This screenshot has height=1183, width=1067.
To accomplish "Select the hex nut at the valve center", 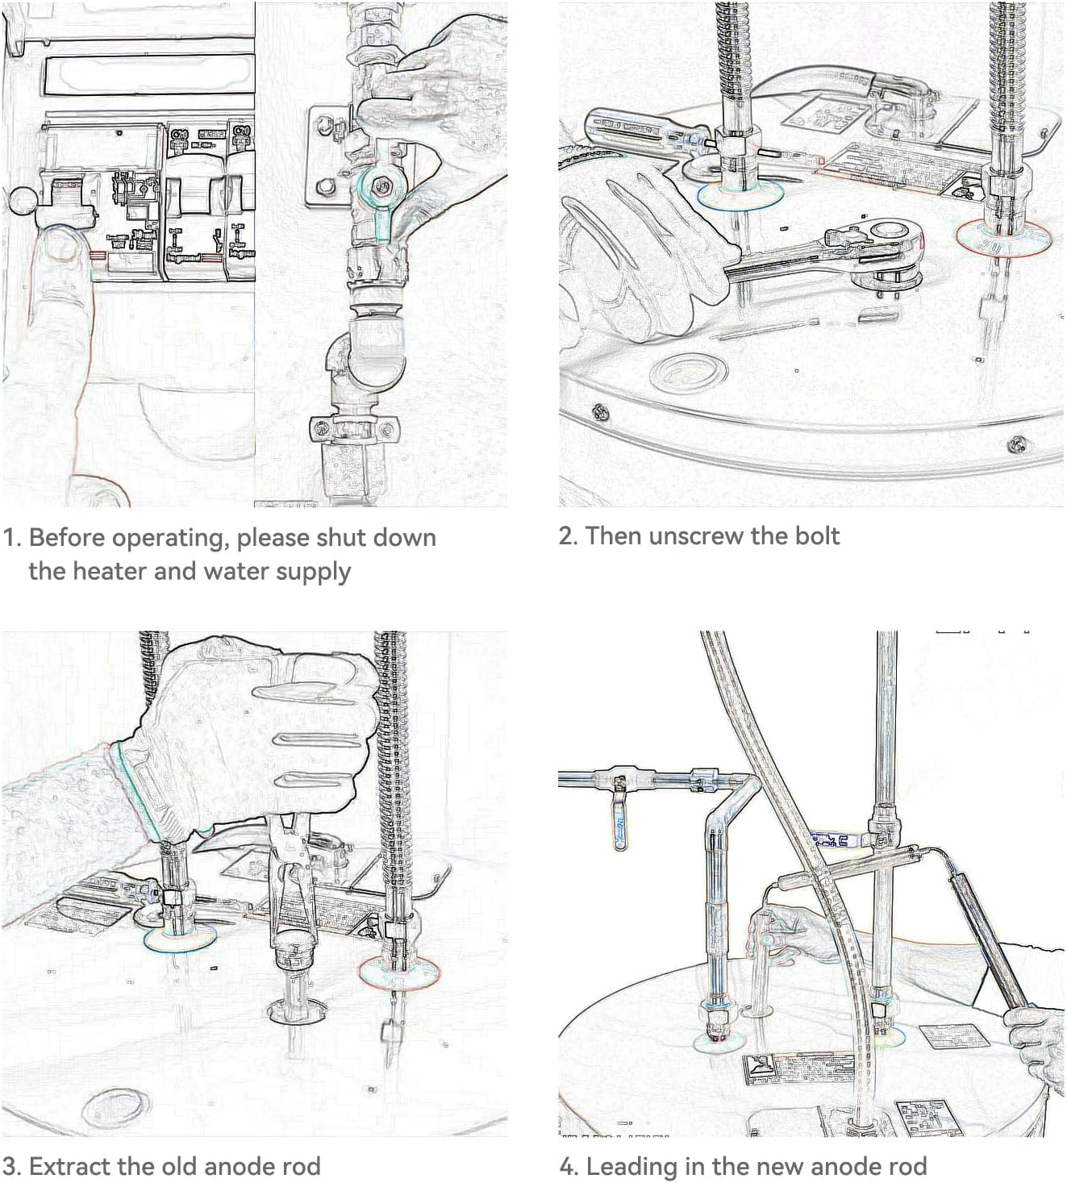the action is [x=379, y=188].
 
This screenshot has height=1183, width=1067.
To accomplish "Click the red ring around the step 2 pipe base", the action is [x=1003, y=238].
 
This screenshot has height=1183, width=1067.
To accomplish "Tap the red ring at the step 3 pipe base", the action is [x=399, y=973].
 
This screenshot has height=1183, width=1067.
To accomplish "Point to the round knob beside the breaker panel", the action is [x=22, y=201].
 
